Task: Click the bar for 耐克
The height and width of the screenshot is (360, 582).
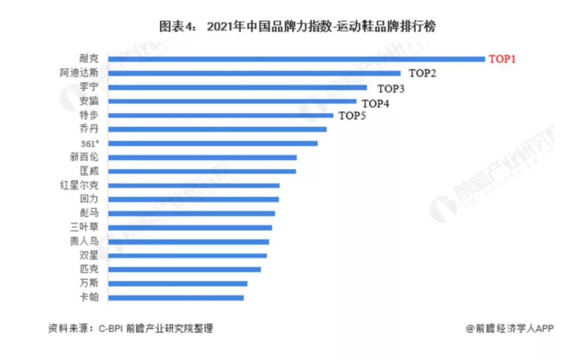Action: [x=296, y=59]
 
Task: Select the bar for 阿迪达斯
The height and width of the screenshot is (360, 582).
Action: [x=254, y=73]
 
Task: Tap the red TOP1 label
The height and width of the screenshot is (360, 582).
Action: [x=502, y=59]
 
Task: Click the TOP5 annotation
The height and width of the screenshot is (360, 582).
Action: [x=352, y=115]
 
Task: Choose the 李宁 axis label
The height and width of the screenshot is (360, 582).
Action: [x=89, y=87]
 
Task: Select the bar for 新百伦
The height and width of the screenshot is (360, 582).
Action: [x=202, y=157]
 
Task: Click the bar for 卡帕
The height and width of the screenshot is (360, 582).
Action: [x=176, y=297]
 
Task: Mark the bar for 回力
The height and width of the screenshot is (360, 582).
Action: [x=193, y=199]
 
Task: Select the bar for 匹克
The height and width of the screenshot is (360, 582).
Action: [x=184, y=269]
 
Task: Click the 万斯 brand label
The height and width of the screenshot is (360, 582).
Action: [x=89, y=283]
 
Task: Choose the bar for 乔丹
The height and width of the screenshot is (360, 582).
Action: [x=217, y=129]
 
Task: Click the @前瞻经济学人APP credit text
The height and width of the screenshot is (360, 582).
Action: [x=510, y=328]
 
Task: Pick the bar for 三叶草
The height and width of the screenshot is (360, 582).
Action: [x=190, y=227]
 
